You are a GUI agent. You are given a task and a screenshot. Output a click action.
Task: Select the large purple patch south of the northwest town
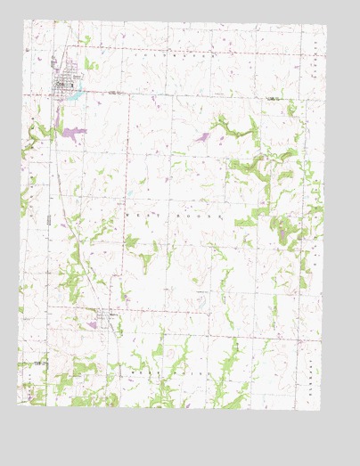[x=72, y=133]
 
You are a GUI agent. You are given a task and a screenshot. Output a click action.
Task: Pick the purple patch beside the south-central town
[x=92, y=325]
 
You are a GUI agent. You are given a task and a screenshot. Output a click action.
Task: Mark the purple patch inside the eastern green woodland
[x=283, y=237]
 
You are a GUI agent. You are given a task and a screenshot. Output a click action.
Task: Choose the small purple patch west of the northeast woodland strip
[x=201, y=137]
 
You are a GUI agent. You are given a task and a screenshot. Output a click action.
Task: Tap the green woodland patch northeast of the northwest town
[x=87, y=40]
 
